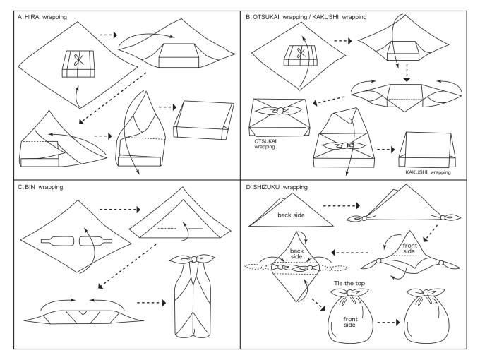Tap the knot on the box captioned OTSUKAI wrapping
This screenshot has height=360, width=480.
277,111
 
